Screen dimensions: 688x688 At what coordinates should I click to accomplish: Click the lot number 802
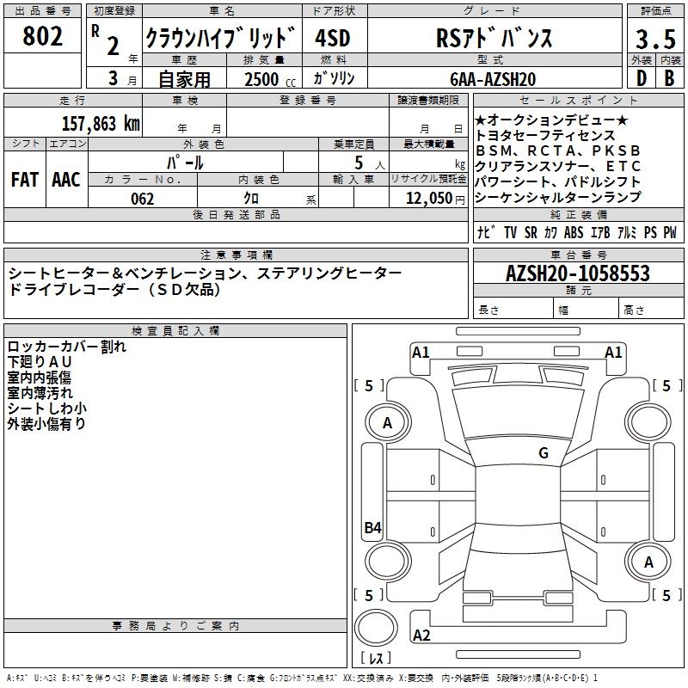[43, 37]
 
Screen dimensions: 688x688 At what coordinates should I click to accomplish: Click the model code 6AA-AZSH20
[493, 79]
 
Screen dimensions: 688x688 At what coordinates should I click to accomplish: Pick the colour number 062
[142, 199]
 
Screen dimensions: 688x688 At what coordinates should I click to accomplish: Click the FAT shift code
[25, 179]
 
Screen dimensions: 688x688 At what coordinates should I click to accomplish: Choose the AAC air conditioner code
[66, 179]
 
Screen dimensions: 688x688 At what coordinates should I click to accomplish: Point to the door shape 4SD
[334, 39]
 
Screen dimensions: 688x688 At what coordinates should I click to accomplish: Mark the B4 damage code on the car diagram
[372, 529]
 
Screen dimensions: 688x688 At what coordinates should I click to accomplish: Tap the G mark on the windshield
[543, 453]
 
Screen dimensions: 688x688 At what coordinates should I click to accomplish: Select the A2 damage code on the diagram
[421, 636]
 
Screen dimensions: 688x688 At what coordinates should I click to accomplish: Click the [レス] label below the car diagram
[376, 660]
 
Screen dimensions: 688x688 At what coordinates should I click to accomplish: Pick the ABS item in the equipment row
[574, 232]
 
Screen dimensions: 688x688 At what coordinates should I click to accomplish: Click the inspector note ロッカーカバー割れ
[67, 347]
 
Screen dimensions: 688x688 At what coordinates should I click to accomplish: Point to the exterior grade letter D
[640, 79]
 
